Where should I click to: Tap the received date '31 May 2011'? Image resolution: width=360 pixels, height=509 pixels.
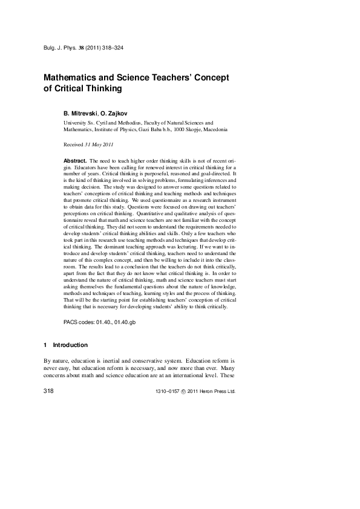99,145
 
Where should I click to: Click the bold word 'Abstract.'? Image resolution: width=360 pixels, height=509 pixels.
75,161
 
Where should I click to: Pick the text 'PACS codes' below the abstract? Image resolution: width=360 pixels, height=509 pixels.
78,323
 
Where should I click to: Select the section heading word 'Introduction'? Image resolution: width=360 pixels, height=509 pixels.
70,345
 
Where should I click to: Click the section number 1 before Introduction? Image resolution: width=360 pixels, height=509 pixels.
45,345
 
